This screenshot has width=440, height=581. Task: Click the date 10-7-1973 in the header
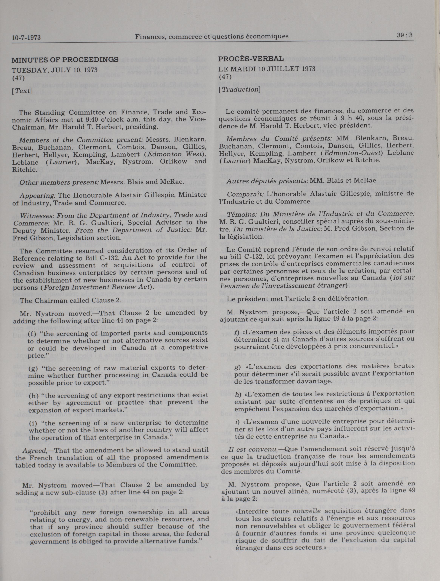pos(26,38)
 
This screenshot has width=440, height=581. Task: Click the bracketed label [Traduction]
pos(239,89)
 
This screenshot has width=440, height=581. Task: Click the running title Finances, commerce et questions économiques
pos(212,36)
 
